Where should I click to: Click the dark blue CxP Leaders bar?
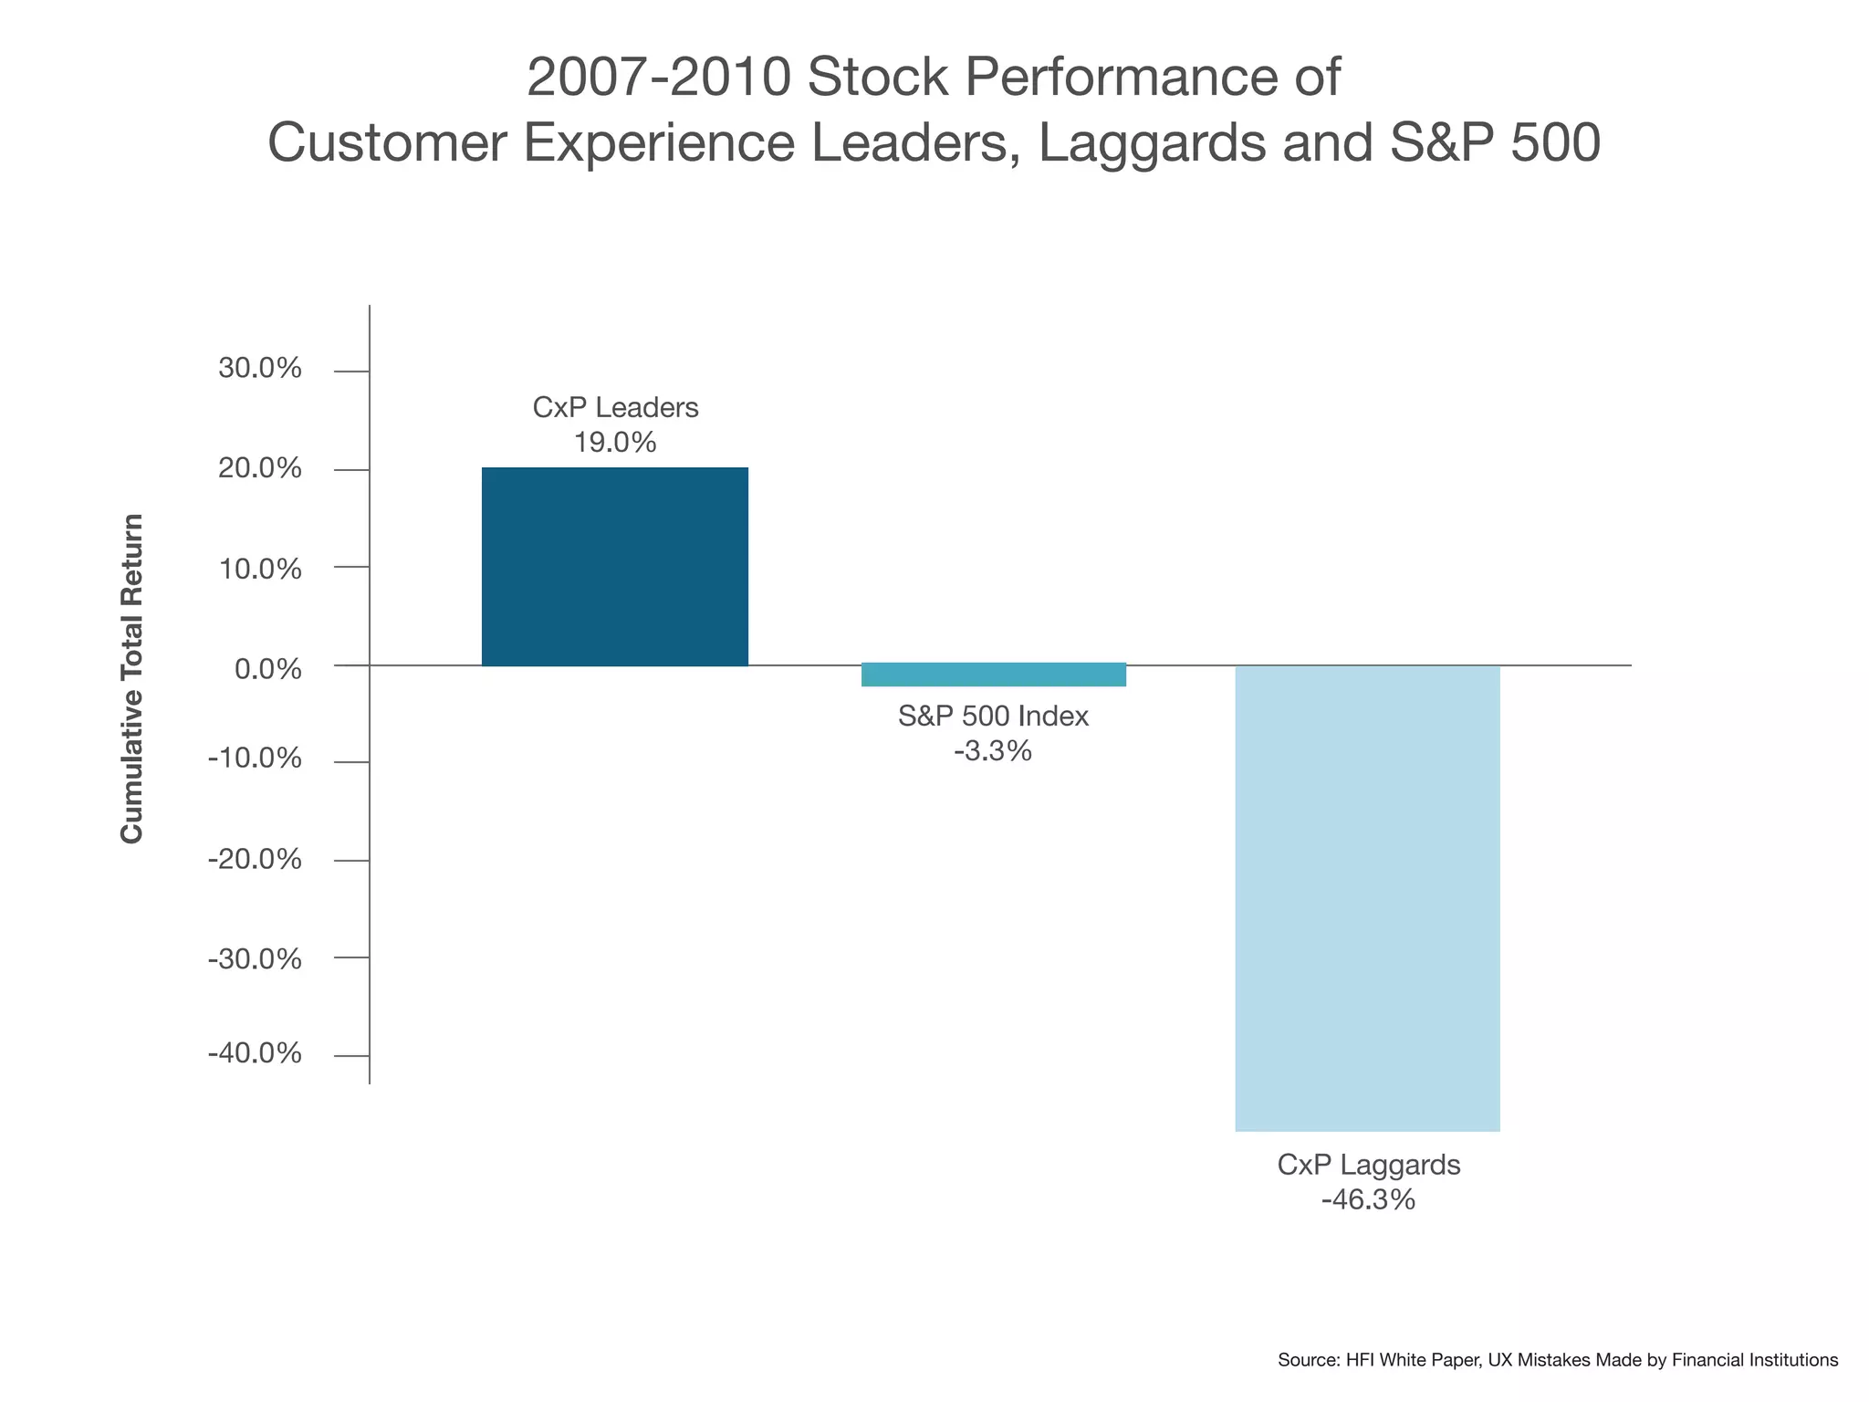tap(614, 567)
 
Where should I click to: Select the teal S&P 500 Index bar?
tap(993, 675)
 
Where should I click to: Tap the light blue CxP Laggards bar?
tap(1366, 898)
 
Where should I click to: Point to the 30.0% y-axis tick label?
tap(259, 369)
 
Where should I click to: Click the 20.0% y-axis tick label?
tap(259, 469)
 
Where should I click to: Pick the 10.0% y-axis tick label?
tap(259, 570)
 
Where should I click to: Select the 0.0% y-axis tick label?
tap(267, 669)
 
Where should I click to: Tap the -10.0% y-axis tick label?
tap(254, 759)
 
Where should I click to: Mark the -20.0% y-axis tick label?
tap(254, 860)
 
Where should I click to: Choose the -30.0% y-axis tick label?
tap(254, 959)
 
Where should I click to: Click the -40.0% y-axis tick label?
tap(254, 1054)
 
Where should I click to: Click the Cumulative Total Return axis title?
tap(132, 678)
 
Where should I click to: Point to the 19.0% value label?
tap(614, 444)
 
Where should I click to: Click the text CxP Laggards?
tap(1368, 1166)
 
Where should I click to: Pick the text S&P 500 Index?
tap(993, 717)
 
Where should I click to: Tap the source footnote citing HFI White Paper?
tap(1557, 1360)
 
